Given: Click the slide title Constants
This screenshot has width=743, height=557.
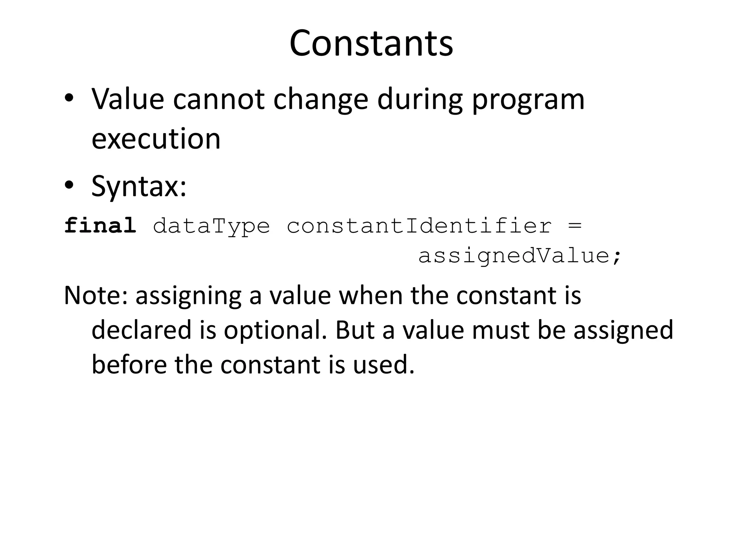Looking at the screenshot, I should pyautogui.click(x=371, y=44).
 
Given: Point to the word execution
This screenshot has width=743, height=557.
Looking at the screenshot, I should pyautogui.click(x=156, y=139).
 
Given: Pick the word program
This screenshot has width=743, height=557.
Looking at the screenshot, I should pyautogui.click(x=528, y=100).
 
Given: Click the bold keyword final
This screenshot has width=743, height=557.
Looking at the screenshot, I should pyautogui.click(x=100, y=226).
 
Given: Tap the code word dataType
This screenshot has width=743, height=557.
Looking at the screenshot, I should pyautogui.click(x=212, y=226).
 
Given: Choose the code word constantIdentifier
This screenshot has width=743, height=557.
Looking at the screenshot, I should pyautogui.click(x=419, y=226).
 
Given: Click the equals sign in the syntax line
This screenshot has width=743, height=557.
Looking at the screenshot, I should pyautogui.click(x=574, y=226).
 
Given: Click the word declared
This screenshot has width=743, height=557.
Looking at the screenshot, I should pyautogui.click(x=141, y=330).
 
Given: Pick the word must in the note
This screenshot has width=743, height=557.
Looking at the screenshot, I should pyautogui.click(x=500, y=330).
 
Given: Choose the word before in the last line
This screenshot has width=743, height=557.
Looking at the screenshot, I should pyautogui.click(x=129, y=364).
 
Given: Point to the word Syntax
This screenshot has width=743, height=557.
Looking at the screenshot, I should pyautogui.click(x=139, y=186).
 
